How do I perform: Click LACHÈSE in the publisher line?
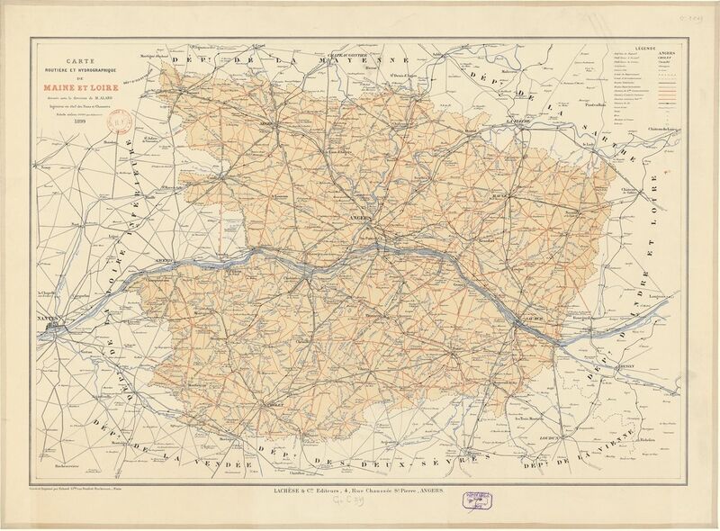[280, 488]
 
